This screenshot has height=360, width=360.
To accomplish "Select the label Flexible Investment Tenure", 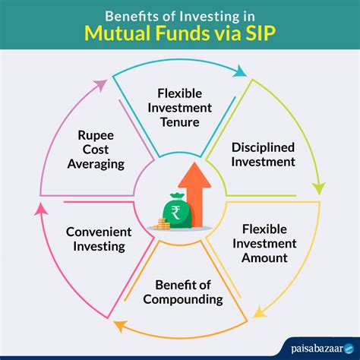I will pos(180,109).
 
